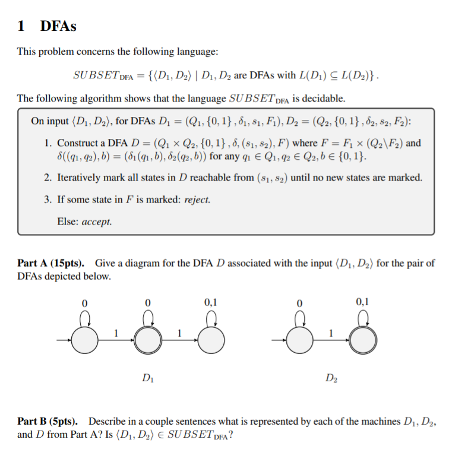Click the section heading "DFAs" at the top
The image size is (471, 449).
(x=58, y=26)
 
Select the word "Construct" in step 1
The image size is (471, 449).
(x=81, y=143)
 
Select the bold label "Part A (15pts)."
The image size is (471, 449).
(x=50, y=263)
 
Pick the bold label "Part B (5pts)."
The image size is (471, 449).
(x=49, y=421)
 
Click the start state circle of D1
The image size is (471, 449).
(x=84, y=340)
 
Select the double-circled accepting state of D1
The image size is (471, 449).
(x=146, y=340)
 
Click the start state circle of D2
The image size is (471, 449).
(x=299, y=340)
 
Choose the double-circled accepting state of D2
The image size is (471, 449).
(x=362, y=340)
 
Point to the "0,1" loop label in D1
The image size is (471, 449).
(x=210, y=302)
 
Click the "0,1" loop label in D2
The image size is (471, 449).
(x=362, y=302)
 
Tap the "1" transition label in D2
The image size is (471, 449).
(x=330, y=333)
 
